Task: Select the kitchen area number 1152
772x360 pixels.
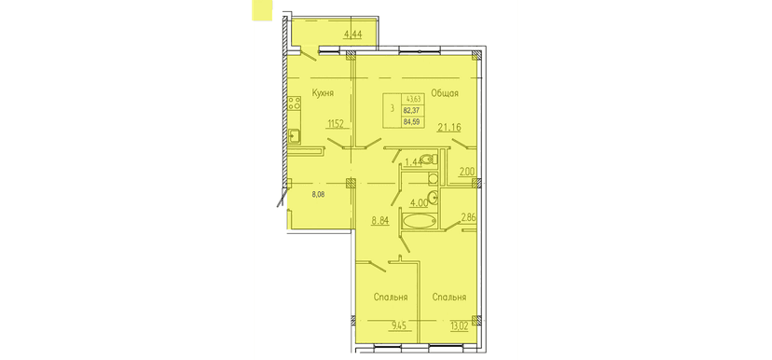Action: pyautogui.click(x=337, y=122)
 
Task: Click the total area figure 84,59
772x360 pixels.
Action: pyautogui.click(x=411, y=120)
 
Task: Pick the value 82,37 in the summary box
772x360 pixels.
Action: pyautogui.click(x=411, y=109)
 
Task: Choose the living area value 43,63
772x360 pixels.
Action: pyautogui.click(x=411, y=99)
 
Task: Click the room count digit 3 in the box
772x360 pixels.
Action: pyautogui.click(x=392, y=109)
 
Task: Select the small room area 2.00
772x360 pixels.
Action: pyautogui.click(x=467, y=171)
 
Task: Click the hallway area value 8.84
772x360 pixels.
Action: pyautogui.click(x=379, y=221)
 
